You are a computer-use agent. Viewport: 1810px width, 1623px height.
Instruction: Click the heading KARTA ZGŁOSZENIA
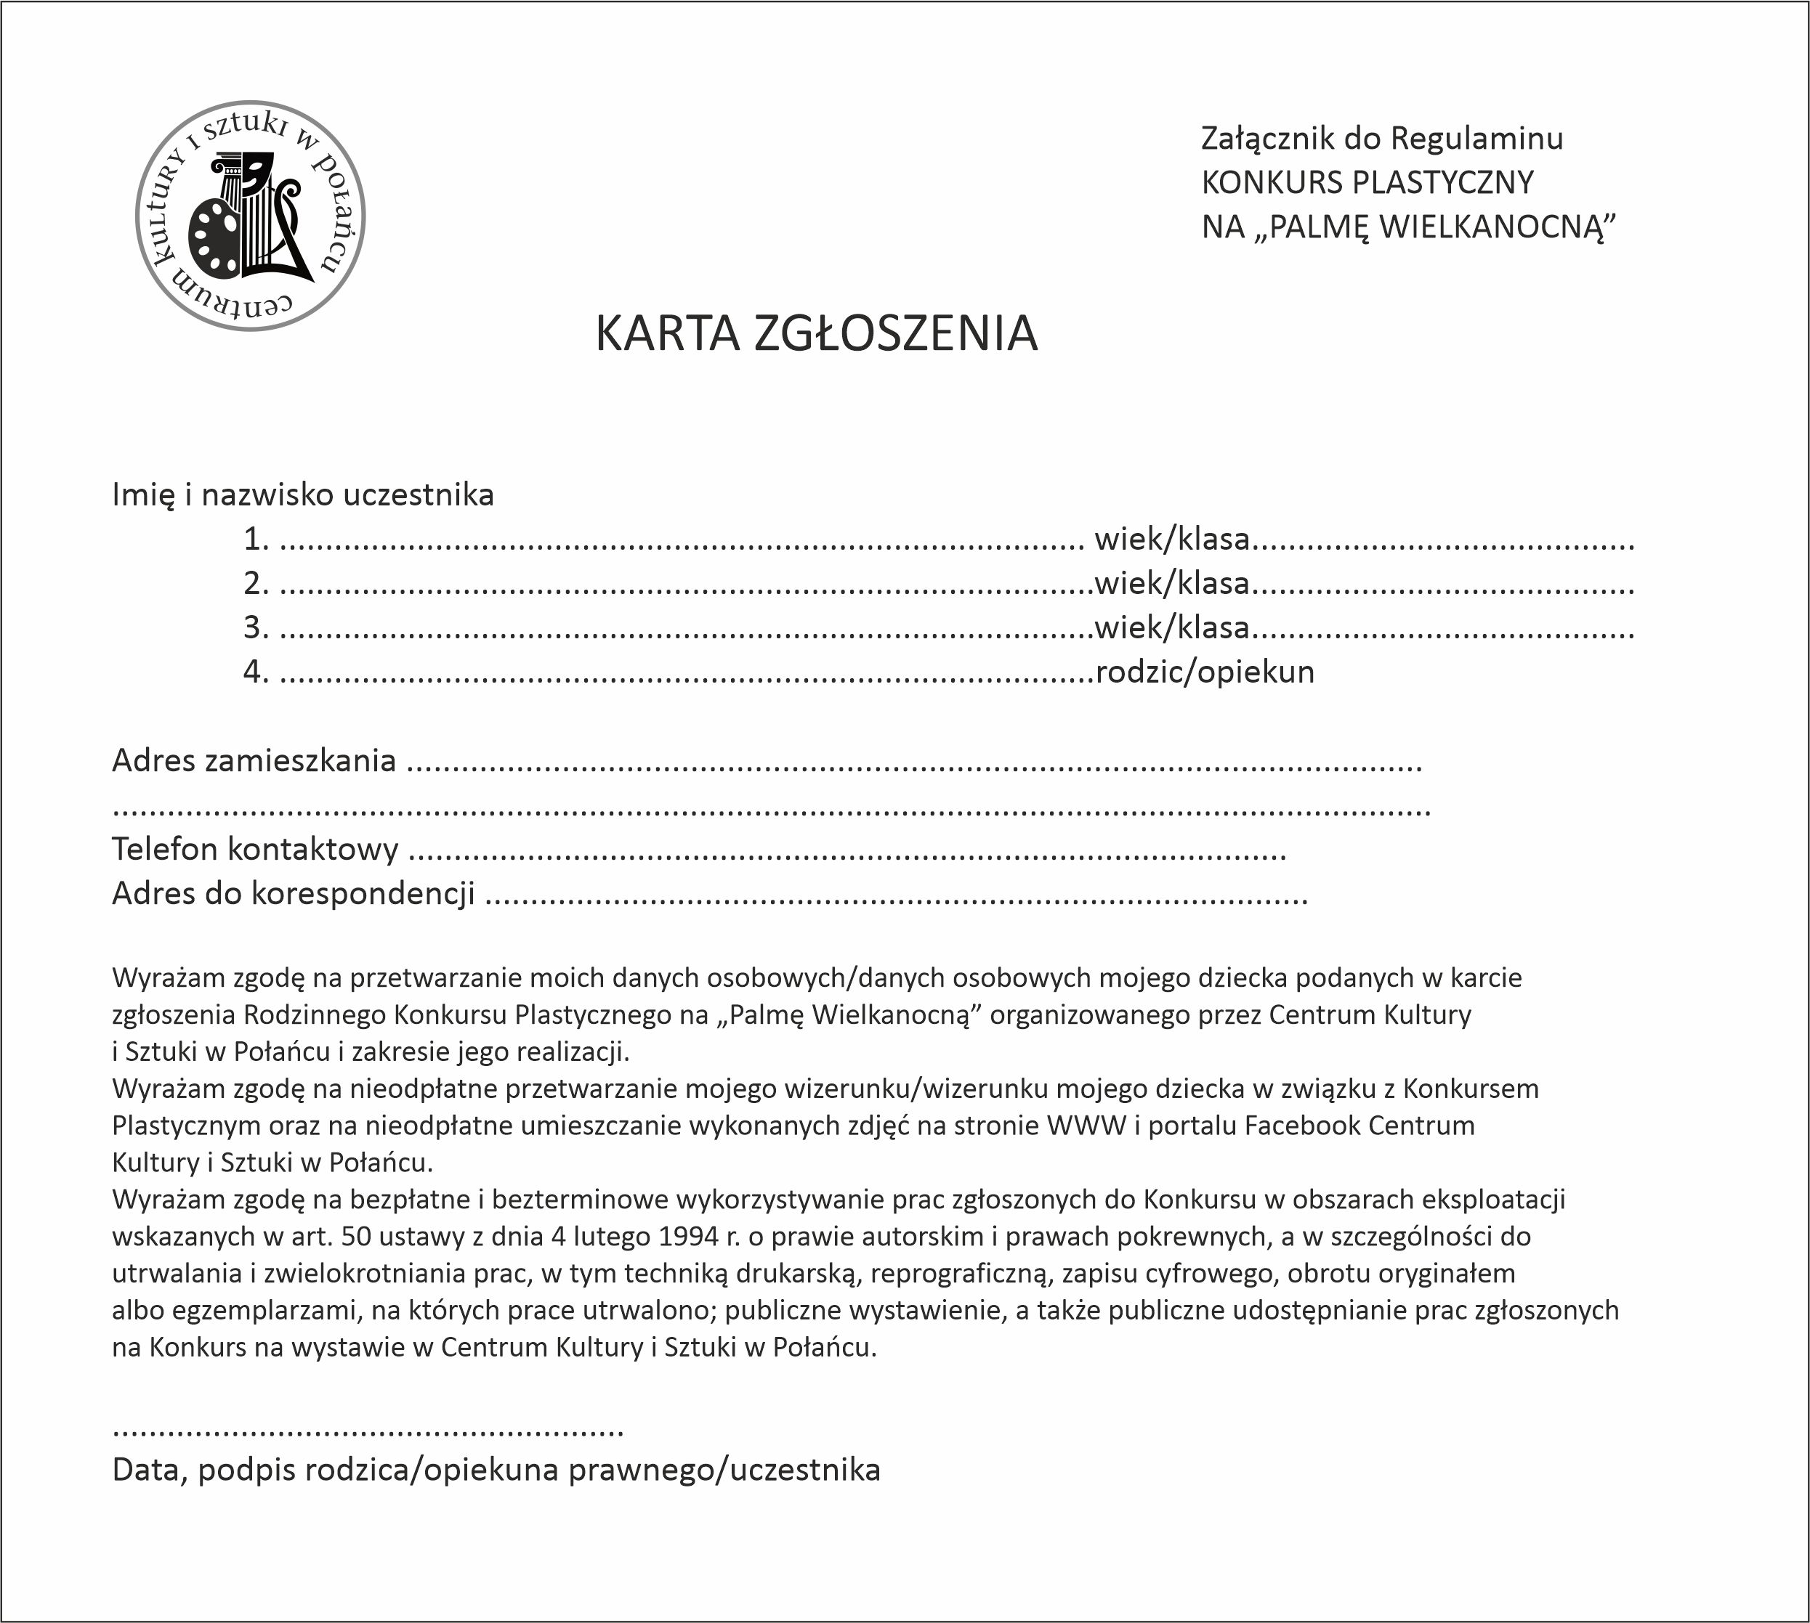point(816,333)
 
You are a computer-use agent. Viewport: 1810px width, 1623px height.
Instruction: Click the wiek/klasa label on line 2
point(1171,583)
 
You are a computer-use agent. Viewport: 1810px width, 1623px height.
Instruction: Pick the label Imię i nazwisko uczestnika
point(302,494)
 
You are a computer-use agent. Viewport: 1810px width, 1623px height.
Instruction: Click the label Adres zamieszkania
point(254,760)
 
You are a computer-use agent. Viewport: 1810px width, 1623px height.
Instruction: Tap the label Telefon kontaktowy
point(254,849)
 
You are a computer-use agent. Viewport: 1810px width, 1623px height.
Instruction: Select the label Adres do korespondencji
point(293,893)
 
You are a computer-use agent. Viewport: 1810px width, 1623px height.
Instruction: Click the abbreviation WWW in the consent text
point(1086,1126)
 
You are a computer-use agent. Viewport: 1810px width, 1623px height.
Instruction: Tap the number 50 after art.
point(356,1237)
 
